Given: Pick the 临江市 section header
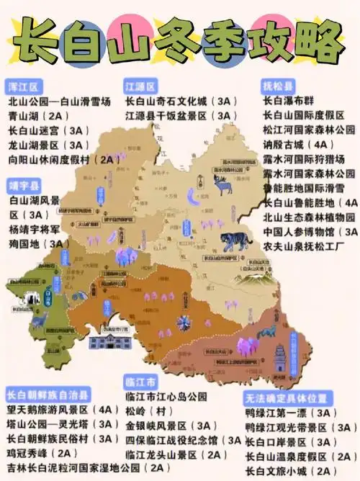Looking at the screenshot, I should [x=140, y=379].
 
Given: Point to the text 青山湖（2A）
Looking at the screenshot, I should [x=37, y=116].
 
